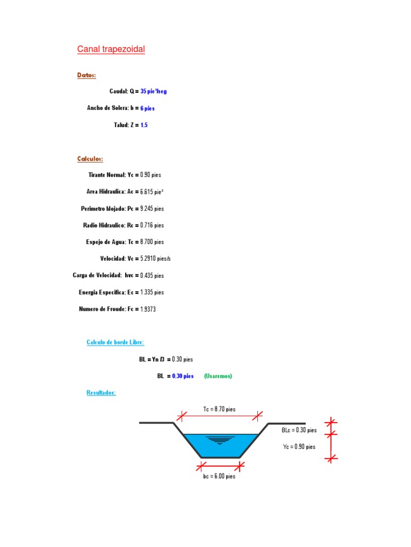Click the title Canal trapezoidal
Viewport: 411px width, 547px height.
click(x=111, y=50)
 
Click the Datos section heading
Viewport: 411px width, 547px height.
click(x=87, y=75)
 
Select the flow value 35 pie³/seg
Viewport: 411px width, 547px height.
click(x=154, y=91)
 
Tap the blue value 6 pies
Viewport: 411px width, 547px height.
click(x=148, y=108)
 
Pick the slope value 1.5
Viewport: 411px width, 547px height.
click(x=144, y=124)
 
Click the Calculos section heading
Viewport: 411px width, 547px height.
click(x=90, y=159)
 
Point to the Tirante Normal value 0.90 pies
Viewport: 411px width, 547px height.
click(x=151, y=175)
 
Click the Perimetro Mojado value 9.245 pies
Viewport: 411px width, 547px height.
click(x=152, y=208)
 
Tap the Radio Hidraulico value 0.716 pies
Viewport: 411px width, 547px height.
click(x=152, y=225)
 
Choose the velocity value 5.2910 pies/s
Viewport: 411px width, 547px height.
click(x=155, y=259)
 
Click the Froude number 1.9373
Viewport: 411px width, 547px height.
click(x=148, y=309)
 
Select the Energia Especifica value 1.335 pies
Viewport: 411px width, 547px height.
click(x=152, y=292)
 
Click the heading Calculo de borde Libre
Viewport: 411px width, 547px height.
click(x=115, y=342)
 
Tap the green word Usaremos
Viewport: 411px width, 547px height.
click(x=218, y=376)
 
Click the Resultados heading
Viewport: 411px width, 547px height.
click(x=101, y=393)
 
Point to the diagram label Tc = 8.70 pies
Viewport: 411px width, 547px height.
click(x=219, y=409)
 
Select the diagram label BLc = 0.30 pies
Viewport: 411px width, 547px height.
click(x=299, y=430)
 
